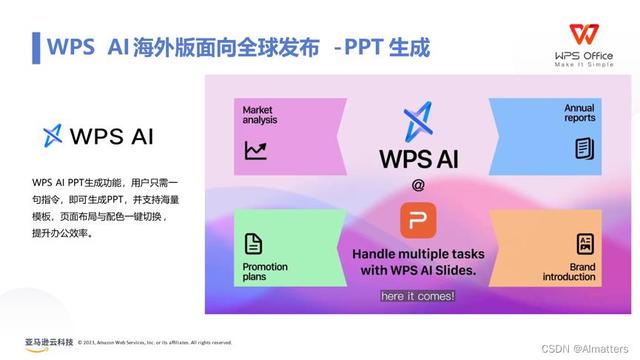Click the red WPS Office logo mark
coord(582,34)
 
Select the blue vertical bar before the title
coord(36,46)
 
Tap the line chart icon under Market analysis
coord(255,150)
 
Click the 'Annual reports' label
coord(579,112)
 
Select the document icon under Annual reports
coord(584,149)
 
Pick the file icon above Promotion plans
coord(254,242)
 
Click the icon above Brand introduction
coord(585,243)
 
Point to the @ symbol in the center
coord(418,185)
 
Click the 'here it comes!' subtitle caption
coord(418,296)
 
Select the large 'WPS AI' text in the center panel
coord(419,159)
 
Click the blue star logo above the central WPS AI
coord(418,120)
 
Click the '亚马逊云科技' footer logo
coord(48,342)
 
